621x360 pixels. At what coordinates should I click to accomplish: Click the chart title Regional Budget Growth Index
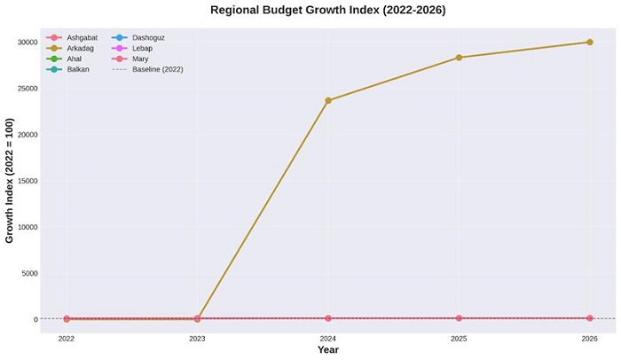tap(327, 11)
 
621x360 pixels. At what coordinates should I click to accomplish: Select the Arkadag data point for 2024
tap(328, 100)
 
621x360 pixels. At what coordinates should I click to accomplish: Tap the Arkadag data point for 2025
tap(459, 58)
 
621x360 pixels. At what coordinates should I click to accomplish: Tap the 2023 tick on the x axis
tap(197, 339)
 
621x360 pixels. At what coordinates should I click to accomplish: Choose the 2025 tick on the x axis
tap(459, 339)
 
